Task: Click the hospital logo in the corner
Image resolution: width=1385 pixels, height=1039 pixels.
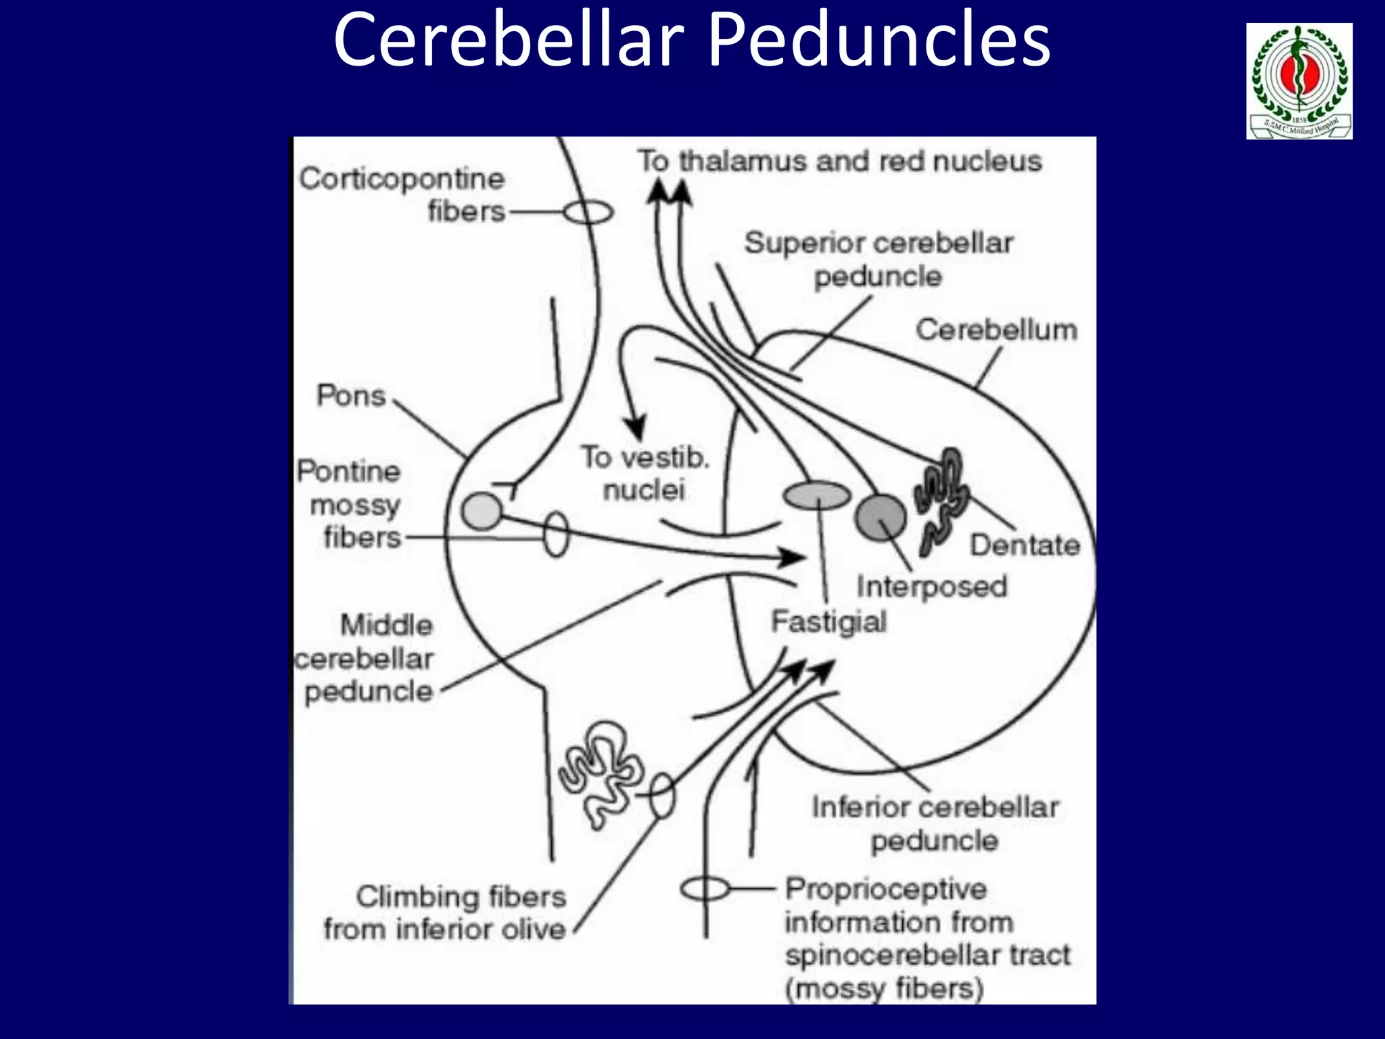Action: [1299, 81]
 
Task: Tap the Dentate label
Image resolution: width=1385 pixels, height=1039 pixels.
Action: [1024, 545]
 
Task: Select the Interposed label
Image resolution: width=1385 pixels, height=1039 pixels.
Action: [931, 586]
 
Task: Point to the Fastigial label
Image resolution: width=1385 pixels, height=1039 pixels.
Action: [828, 622]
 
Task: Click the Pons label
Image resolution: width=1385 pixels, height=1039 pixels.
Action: [351, 396]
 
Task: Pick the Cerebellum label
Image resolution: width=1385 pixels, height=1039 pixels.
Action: [996, 330]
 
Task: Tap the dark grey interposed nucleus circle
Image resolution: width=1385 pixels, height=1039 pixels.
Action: [880, 518]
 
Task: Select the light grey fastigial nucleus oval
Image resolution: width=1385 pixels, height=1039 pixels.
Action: [817, 495]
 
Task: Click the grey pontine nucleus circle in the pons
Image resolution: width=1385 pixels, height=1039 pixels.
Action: [482, 511]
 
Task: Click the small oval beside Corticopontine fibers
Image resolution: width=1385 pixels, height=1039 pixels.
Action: [588, 212]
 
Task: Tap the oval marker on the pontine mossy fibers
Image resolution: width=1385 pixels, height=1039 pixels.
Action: [556, 534]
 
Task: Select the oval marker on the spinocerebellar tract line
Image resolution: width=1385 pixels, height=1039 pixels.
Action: [705, 889]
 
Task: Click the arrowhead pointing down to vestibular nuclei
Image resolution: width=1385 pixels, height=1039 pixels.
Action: [634, 428]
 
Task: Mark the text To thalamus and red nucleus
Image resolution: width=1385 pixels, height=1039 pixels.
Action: [839, 162]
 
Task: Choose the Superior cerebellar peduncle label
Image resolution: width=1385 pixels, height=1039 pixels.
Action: [878, 260]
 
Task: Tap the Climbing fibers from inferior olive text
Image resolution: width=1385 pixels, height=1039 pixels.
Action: [445, 913]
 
